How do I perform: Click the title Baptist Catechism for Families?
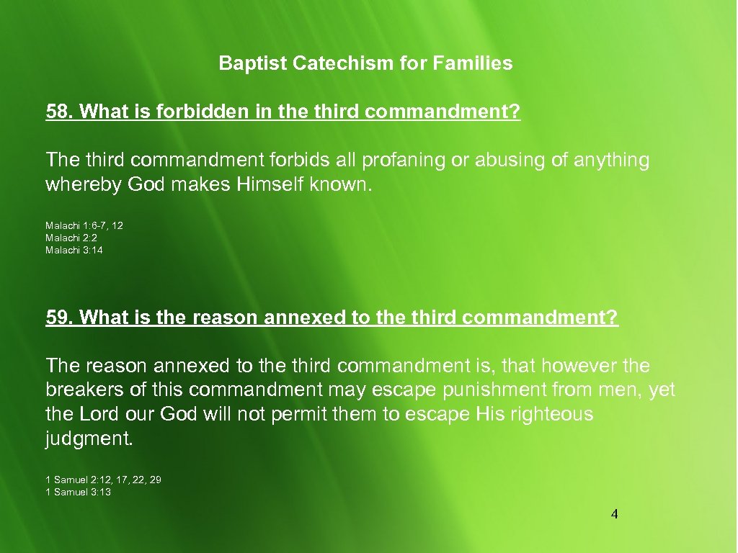[x=365, y=63]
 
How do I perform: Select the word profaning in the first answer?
[x=406, y=160]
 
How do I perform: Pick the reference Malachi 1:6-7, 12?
[x=84, y=225]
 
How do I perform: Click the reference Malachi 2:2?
[x=71, y=238]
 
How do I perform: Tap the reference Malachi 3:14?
[x=74, y=250]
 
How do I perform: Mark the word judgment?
[x=89, y=439]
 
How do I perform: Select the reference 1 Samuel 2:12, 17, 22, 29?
[x=103, y=480]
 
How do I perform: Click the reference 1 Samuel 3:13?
[x=78, y=492]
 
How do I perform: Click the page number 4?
[x=614, y=514]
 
